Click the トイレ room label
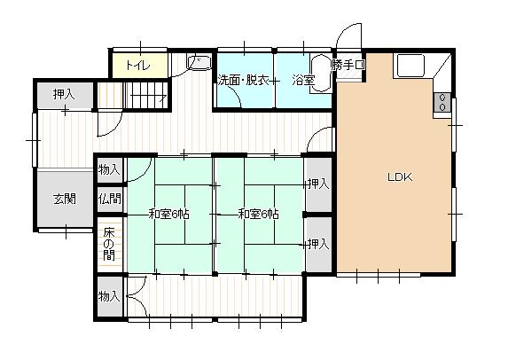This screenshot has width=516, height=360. pos(138,66)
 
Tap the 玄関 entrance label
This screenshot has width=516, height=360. pos(65,199)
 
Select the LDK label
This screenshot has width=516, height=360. pos(400,177)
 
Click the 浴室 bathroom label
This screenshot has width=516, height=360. pos(303,80)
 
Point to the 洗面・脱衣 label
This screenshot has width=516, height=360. pos(244,80)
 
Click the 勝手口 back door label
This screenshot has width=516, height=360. pos(348,65)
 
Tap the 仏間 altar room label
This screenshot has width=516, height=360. pos(110,199)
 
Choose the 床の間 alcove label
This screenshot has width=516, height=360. pos(109,244)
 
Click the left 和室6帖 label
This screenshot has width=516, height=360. pos(168,215)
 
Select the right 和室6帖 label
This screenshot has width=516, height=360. pos(258,215)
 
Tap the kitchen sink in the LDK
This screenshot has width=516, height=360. pos(410,66)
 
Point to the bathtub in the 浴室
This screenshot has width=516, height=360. pos(321,73)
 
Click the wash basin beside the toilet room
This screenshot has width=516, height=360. pos(199,63)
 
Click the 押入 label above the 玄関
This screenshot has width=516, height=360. pos(64,95)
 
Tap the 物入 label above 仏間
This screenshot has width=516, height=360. pos(109,169)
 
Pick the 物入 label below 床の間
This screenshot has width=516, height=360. pos(109,296)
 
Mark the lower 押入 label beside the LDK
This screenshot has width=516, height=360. pos(318,244)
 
